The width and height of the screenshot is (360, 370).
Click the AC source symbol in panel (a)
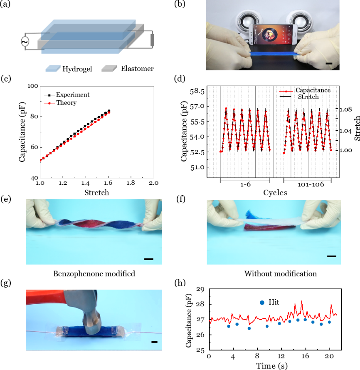coord(25,42)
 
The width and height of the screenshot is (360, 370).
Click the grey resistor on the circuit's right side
coord(152,40)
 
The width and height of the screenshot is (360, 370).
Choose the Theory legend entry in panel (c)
coord(64,102)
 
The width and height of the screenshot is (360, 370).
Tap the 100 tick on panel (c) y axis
coord(32,86)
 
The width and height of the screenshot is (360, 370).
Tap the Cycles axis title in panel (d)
coord(275,193)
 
